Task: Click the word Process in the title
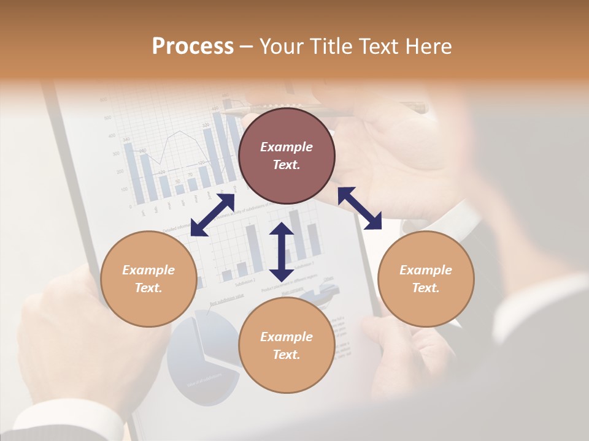point(193,47)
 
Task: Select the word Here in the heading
point(428,47)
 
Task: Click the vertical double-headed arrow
point(282,252)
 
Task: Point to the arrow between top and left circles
point(212,215)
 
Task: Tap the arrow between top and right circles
point(360,208)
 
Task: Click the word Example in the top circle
point(287,147)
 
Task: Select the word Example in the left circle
point(148,270)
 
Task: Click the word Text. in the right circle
point(426,288)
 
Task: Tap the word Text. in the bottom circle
point(287,355)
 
